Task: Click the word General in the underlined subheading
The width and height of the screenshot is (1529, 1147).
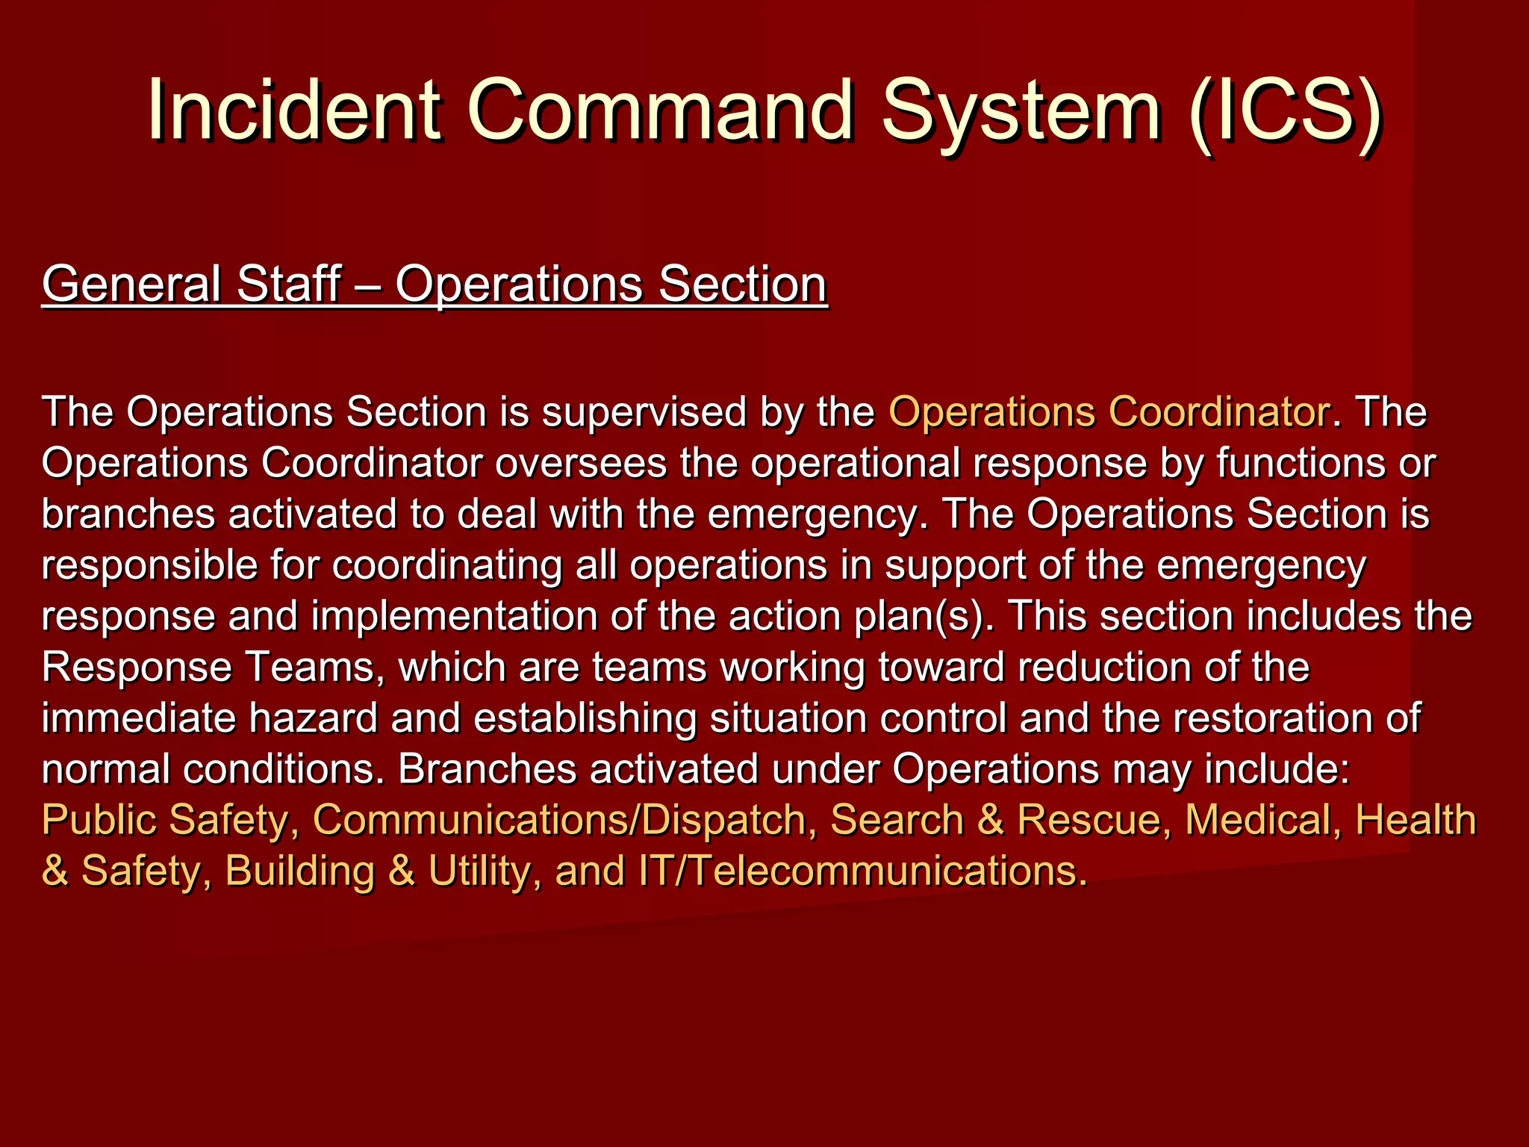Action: click(131, 285)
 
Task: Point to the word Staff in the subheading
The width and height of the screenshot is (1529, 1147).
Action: click(288, 285)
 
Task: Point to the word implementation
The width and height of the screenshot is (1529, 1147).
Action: click(455, 617)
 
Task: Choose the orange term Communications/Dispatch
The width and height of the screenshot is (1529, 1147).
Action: click(560, 820)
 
